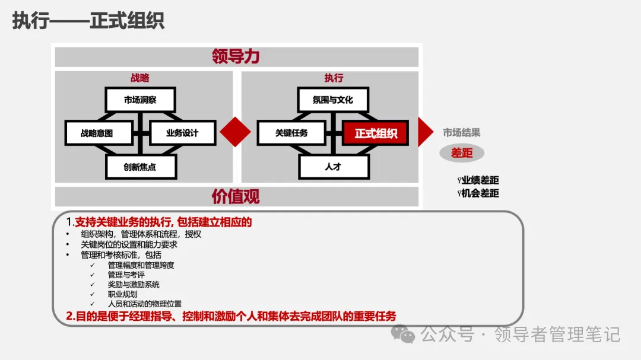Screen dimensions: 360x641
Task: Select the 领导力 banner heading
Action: tap(236, 57)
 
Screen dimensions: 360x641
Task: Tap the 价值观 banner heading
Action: tap(236, 196)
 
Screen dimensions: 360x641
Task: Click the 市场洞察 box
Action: tap(140, 100)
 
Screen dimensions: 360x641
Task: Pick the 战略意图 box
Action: tap(97, 133)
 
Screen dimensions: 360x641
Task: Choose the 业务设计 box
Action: tap(182, 133)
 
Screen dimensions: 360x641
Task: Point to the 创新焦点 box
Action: tap(140, 167)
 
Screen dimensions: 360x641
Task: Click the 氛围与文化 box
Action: tap(333, 100)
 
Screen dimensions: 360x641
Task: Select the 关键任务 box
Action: tap(291, 133)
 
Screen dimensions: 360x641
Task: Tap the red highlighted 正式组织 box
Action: tap(376, 133)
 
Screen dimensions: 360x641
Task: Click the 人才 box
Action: tap(333, 167)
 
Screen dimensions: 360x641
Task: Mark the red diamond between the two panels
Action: tap(236, 132)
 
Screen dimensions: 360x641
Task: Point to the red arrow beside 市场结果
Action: tap(425, 132)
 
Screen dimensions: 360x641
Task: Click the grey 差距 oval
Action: tap(462, 153)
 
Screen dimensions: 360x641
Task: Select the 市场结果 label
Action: tap(462, 133)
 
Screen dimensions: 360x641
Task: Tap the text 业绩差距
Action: tap(480, 180)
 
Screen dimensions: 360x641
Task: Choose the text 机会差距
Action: tap(480, 193)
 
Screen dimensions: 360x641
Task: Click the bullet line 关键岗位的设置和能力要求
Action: tap(129, 244)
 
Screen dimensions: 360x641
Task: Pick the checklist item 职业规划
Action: tap(122, 294)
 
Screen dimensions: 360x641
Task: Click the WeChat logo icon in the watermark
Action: tap(407, 335)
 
